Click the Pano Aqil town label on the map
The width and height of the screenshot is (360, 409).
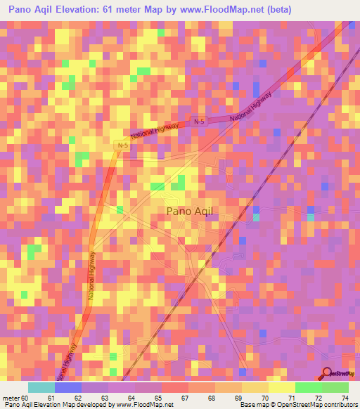(193, 210)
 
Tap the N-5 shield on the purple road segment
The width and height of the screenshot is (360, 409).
(198, 122)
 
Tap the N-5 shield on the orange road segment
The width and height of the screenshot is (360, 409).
(122, 145)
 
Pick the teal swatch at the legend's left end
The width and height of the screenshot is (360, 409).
(41, 387)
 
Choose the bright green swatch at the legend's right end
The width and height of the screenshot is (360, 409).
(335, 387)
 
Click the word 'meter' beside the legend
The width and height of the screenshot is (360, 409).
(11, 397)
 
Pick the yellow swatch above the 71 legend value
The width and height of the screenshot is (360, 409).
(281, 387)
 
